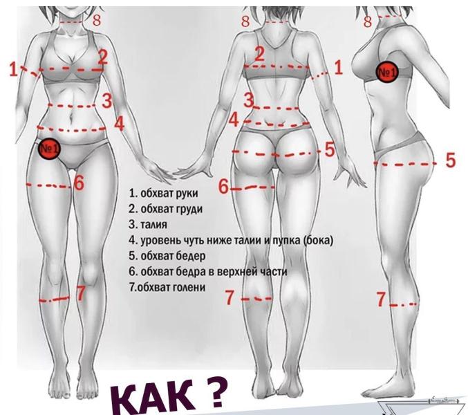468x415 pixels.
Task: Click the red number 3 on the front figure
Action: [x=106, y=100]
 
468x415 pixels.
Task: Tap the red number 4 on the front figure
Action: [x=119, y=124]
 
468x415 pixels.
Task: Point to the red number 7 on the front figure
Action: [x=80, y=293]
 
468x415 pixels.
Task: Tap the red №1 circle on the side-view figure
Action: [x=387, y=71]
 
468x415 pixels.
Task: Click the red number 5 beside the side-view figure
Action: [x=450, y=161]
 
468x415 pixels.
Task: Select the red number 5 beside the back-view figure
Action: [x=330, y=149]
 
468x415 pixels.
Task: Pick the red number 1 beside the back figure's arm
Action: [x=338, y=67]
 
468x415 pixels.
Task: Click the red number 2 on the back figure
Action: [x=260, y=53]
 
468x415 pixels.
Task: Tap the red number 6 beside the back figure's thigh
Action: [x=223, y=186]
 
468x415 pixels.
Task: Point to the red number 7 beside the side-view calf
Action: [x=381, y=299]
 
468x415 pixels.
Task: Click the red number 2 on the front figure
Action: [x=102, y=57]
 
